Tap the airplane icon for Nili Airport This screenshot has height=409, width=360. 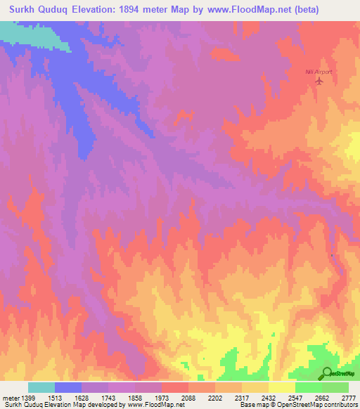coord(319,81)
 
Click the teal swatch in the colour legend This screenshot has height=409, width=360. coord(41,387)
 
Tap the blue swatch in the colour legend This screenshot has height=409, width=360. coord(68,387)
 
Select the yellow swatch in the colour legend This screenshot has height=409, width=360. coord(282,387)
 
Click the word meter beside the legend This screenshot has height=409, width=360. coord(8,397)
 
